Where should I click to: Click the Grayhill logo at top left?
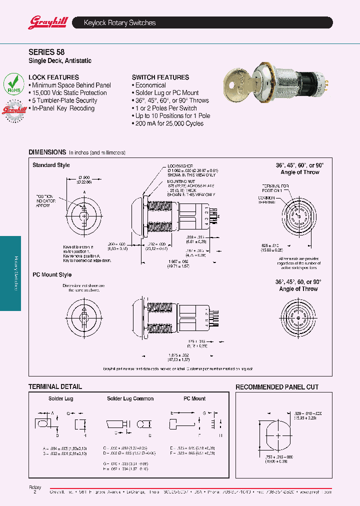[x=44, y=22]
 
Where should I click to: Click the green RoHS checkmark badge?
[x=13, y=83]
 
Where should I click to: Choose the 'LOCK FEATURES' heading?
[x=53, y=77]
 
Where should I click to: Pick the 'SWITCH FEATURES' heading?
[x=160, y=77]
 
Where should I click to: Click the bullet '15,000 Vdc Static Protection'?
[x=69, y=93]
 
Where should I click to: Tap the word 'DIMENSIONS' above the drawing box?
[x=47, y=152]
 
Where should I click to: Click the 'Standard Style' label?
[x=51, y=165]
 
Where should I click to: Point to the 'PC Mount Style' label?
[x=52, y=275]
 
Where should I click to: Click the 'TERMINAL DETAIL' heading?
[x=55, y=386]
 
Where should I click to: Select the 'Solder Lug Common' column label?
[x=130, y=399]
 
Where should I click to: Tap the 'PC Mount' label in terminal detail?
[x=194, y=399]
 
